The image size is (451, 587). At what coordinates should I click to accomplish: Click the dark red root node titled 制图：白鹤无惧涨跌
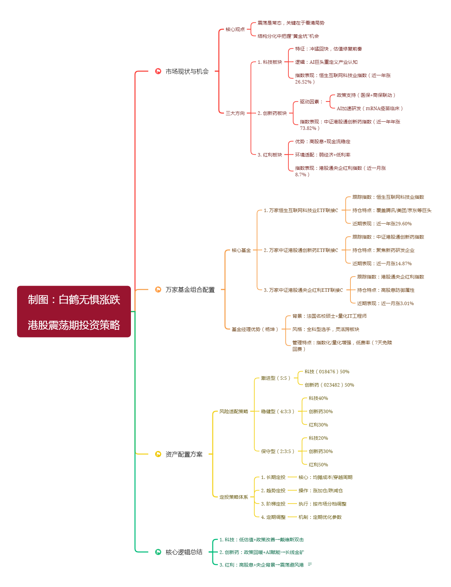[74, 312]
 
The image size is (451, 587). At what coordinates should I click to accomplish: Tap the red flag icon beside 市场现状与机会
[158, 71]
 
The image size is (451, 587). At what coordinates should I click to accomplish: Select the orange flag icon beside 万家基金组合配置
[158, 289]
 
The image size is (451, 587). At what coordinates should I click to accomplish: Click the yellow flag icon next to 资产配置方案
[158, 454]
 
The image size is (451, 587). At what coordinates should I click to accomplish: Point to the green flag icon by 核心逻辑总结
[158, 552]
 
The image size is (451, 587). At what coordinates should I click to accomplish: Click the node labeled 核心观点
[235, 29]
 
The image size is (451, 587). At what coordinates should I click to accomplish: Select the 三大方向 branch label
[235, 113]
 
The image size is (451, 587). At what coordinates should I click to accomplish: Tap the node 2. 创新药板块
[272, 113]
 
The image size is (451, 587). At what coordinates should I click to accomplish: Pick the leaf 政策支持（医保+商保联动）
[366, 95]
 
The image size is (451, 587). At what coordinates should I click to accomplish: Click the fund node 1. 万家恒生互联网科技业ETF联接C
[301, 210]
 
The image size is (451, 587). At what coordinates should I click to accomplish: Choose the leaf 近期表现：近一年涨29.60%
[382, 224]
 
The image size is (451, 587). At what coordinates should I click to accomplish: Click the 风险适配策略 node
[234, 411]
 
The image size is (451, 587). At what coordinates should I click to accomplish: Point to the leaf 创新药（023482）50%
[329, 385]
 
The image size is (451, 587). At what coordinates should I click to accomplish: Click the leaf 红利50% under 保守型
[318, 465]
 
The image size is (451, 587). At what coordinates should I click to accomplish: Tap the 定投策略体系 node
[234, 497]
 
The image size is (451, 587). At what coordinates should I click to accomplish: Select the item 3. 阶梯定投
[273, 504]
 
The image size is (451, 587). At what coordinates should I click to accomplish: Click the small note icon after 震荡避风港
[310, 565]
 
